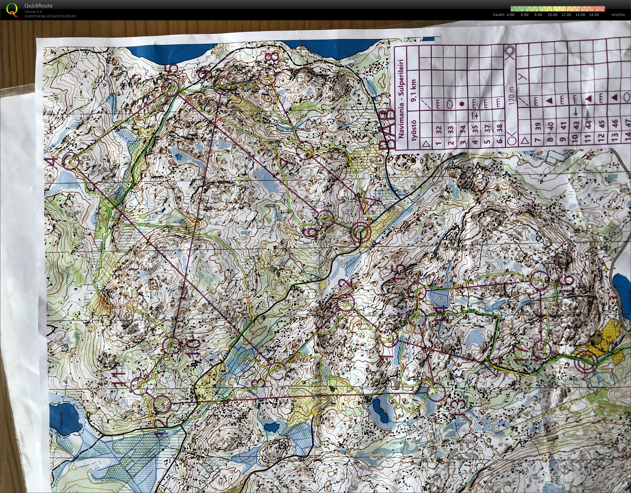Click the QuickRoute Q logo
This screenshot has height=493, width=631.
pos(12,9)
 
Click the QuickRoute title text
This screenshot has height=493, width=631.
pos(38,6)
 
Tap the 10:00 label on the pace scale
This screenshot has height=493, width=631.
pos(552,15)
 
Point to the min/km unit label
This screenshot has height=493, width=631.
pos(618,15)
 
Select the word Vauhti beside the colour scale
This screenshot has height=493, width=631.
pos(498,15)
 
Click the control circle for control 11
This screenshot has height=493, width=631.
pos(138,386)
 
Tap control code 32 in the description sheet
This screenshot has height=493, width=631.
pos(439,129)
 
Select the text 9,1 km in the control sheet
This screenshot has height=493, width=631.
pos(414,91)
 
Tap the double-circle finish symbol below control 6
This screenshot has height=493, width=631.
pos(360,233)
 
